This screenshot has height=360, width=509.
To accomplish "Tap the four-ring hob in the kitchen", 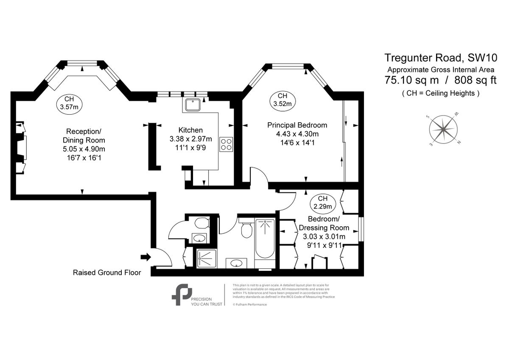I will click(x=226, y=144).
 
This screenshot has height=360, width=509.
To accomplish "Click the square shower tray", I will click(x=207, y=258).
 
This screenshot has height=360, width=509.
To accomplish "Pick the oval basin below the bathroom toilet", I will click(x=235, y=263).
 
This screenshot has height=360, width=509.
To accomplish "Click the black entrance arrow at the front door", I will click(x=146, y=257).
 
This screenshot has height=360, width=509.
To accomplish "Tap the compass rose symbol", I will click(x=443, y=129).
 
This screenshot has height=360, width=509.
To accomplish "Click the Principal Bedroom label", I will click(x=297, y=125).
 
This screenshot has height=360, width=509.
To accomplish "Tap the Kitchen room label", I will click(x=190, y=130).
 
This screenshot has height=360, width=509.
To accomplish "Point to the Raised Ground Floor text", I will click(x=107, y=273).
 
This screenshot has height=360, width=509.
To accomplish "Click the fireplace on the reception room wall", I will click(x=21, y=148).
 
